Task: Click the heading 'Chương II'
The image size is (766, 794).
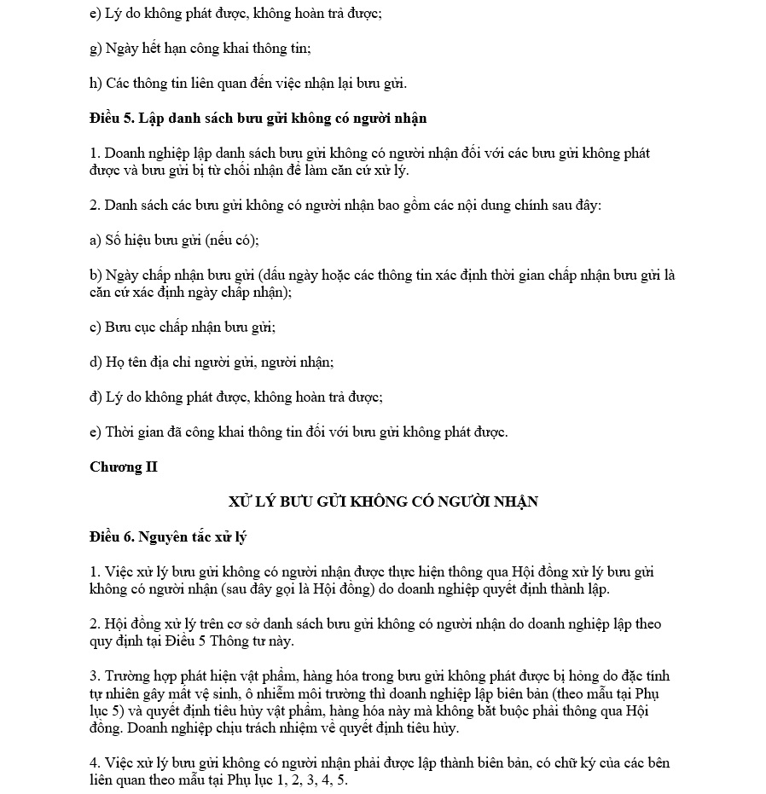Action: [x=123, y=467]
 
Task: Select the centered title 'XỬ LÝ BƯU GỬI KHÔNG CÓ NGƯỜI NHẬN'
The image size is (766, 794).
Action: [x=383, y=501]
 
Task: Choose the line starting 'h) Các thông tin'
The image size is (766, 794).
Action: [x=247, y=83]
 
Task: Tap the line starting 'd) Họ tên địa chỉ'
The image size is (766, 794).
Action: [x=211, y=362]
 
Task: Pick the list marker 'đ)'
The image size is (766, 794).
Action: [x=96, y=397]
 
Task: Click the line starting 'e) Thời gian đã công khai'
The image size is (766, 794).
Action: [x=298, y=432]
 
